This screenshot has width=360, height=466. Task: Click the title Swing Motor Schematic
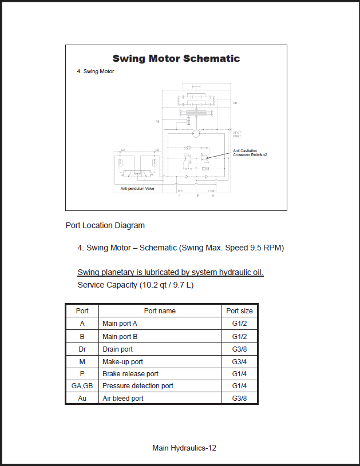pos(176,58)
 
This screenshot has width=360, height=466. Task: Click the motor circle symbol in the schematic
pos(195,133)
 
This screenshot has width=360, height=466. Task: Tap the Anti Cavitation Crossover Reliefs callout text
pos(250,153)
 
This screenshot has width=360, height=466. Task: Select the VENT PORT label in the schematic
pos(237,134)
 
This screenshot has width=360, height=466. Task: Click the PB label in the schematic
pos(157,122)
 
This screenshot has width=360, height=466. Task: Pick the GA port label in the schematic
pos(122,150)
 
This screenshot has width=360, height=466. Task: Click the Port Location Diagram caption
pos(105,225)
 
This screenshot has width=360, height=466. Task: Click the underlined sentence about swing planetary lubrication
pos(170,272)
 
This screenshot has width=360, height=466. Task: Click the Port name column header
pos(160,311)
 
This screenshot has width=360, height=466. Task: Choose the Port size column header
pos(239,311)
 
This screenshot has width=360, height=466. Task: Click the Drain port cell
pos(117,349)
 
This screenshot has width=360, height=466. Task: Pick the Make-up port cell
pos(122,361)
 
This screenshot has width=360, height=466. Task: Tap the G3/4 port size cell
pos(239,361)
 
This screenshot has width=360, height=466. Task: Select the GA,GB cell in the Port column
pos(82,386)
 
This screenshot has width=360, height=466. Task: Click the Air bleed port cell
pos(122,399)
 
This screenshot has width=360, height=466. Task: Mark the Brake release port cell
pos(130,374)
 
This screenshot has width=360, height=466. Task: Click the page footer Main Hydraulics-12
pos(184,448)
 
